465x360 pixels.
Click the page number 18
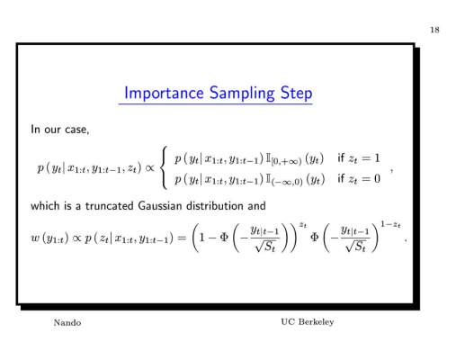(x=434, y=30)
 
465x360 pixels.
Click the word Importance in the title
(x=164, y=93)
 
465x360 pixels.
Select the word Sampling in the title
(x=242, y=94)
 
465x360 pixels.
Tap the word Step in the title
(x=296, y=94)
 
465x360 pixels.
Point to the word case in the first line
(x=77, y=130)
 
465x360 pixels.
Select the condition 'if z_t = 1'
(x=359, y=157)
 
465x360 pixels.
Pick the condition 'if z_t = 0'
(x=359, y=179)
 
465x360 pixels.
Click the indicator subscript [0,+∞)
(x=287, y=162)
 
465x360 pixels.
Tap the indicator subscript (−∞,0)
(x=287, y=183)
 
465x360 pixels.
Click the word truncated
(x=110, y=206)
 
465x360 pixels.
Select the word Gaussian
(x=160, y=206)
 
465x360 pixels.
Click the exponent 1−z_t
(x=390, y=224)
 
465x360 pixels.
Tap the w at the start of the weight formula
(x=35, y=238)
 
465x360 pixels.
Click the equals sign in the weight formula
(x=182, y=238)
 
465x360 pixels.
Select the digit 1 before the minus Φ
(x=201, y=238)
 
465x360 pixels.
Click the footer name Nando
(x=67, y=323)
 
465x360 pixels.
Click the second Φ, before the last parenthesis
(x=315, y=238)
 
